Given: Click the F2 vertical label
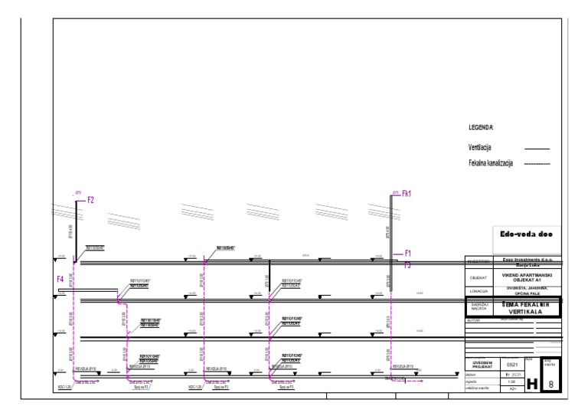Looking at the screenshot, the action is [90, 200].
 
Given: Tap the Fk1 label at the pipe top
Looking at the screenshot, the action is [407, 195].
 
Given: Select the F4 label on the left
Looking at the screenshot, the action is [60, 280].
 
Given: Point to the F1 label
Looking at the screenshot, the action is [408, 254].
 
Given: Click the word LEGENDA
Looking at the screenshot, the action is [482, 128].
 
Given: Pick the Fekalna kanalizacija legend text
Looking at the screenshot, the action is [491, 163].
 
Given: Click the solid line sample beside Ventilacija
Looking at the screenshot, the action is [537, 148].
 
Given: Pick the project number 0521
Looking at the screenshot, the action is [513, 365].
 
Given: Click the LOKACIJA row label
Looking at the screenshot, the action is [479, 292].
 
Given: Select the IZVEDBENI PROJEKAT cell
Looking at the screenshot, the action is [479, 364].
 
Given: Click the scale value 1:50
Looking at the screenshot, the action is [512, 382].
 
